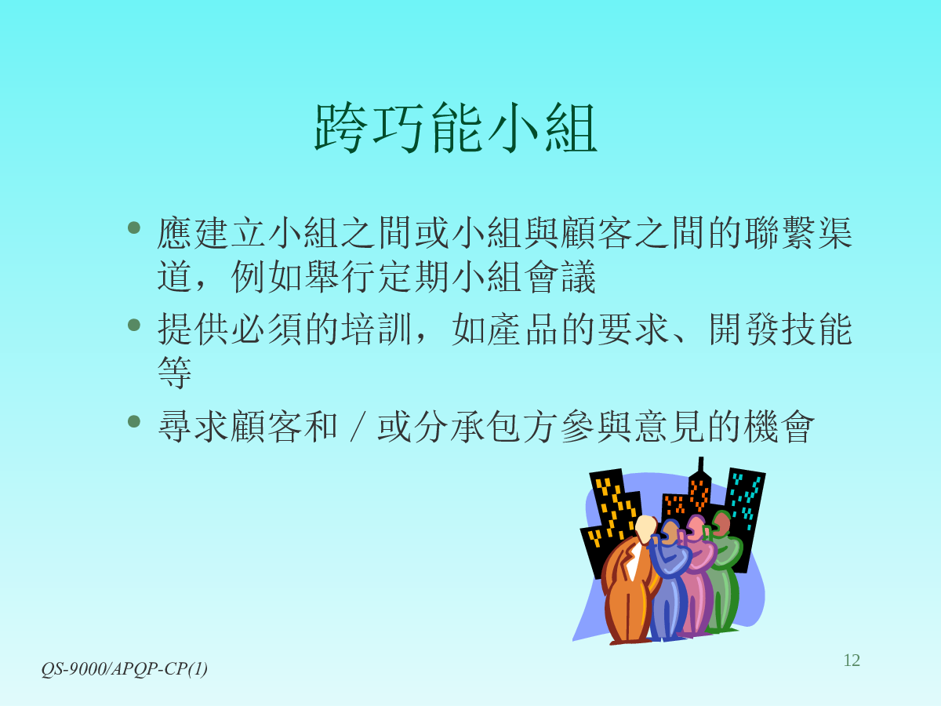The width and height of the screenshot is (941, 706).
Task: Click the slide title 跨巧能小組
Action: pos(456,128)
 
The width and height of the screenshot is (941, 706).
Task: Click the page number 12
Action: pos(852,661)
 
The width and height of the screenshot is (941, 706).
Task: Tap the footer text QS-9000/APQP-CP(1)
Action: pos(125,668)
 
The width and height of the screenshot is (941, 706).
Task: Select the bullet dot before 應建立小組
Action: pos(134,227)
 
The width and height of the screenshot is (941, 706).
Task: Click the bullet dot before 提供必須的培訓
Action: pos(134,325)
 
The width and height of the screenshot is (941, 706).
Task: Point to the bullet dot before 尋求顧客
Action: pos(134,421)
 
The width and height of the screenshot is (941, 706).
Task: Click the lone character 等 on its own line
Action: pos(174,372)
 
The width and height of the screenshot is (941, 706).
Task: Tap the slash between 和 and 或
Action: pos(357,427)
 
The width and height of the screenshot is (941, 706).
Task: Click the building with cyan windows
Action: pos(746,515)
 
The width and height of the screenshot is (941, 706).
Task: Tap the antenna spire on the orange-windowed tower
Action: pos(701,465)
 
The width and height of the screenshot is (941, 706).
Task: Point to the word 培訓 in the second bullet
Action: pos(377,329)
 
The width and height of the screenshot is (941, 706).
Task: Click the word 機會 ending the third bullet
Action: pos(779,427)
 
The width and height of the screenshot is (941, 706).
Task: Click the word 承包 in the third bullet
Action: pos(485,427)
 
